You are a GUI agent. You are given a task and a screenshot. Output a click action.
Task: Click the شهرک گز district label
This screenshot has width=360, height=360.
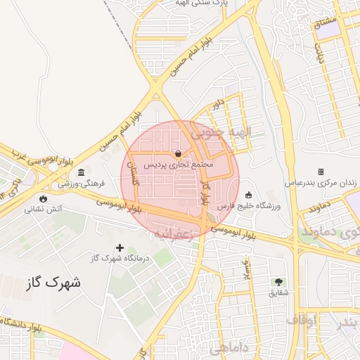(x=53, y=283)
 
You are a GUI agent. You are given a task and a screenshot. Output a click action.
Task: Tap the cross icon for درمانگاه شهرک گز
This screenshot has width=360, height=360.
(x=120, y=247)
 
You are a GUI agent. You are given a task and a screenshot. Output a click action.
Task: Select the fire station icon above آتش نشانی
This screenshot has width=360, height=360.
(x=44, y=198)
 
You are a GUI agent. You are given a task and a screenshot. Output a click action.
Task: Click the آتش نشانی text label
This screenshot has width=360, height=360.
(x=44, y=209)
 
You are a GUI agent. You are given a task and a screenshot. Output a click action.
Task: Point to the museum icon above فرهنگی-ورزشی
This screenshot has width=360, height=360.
(x=82, y=172)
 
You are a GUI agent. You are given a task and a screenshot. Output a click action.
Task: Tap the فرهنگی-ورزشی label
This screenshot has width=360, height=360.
(x=82, y=183)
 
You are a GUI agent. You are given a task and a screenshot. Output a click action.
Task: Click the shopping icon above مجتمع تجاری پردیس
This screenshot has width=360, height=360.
(x=179, y=153)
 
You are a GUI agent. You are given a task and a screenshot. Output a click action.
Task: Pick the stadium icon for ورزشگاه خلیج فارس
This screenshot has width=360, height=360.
(x=248, y=195)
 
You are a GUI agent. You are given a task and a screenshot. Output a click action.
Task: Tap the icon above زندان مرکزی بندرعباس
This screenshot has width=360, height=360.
(x=321, y=172)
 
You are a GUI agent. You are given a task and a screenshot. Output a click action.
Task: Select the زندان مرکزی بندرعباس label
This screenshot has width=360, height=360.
(x=321, y=182)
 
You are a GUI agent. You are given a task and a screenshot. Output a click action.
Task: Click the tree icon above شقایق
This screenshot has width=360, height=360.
(x=278, y=281)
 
